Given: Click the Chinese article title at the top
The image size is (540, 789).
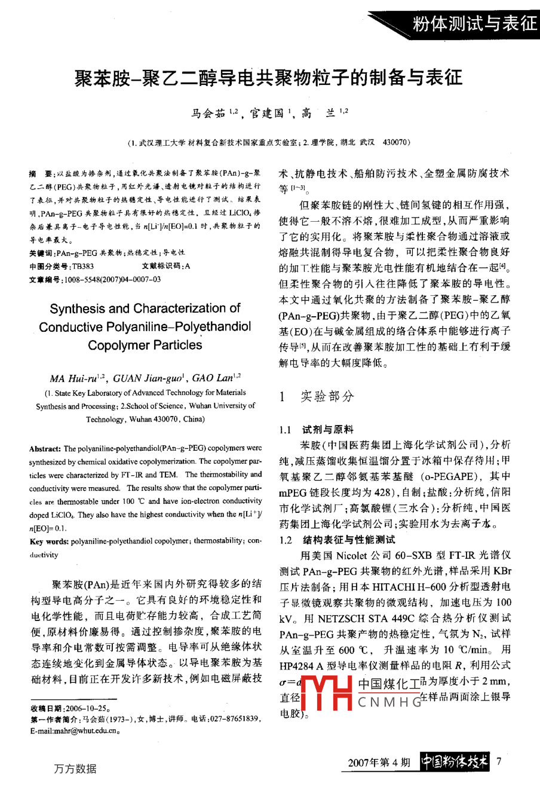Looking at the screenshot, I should tap(268, 78).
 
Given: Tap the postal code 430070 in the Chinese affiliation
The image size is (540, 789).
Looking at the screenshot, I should tap(396, 143).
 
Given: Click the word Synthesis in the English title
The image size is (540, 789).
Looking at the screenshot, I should tap(78, 309).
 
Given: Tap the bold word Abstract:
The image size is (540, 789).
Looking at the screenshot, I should tap(45, 448).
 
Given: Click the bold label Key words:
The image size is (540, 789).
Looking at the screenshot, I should tap(49, 542).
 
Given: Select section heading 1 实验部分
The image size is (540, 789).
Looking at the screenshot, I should tap(317, 396).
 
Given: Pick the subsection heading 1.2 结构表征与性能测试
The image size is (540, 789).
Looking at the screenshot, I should tap(337, 540).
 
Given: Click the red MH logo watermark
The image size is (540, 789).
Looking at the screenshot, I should tap(326, 693).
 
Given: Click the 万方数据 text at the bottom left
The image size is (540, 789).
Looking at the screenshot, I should tap(75, 768).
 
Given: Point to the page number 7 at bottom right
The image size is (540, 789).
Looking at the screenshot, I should tap(499, 762).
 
